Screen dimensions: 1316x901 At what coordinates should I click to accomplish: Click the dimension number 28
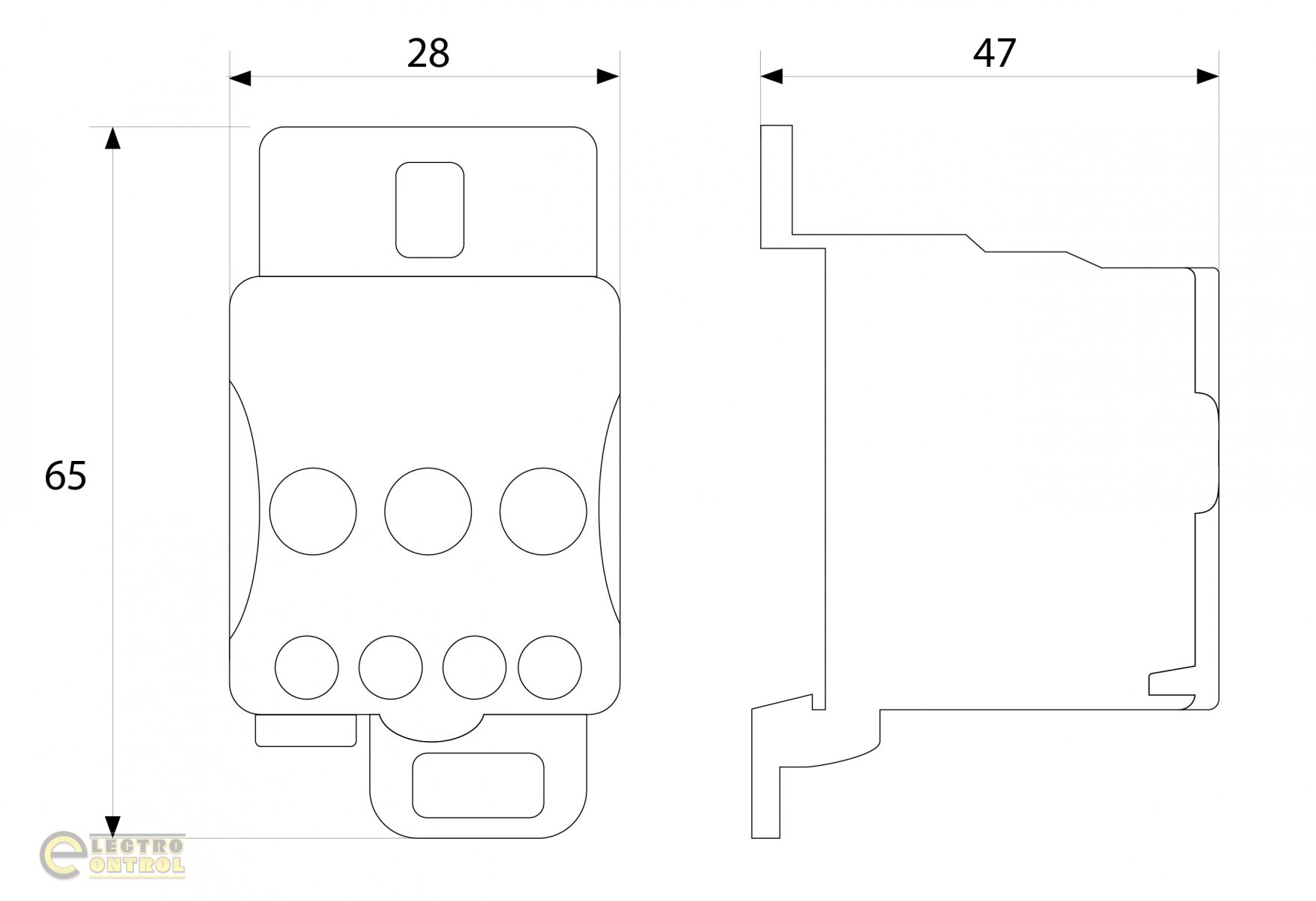pyautogui.click(x=428, y=53)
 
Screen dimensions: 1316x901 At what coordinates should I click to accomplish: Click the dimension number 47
pyautogui.click(x=994, y=53)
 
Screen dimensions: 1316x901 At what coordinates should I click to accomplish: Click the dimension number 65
pyautogui.click(x=65, y=475)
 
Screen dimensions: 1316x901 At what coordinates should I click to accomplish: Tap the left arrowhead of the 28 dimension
pyautogui.click(x=240, y=77)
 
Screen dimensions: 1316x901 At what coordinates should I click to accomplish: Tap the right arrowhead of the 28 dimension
pyautogui.click(x=608, y=77)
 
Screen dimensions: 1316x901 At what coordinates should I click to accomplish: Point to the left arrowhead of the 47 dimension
pyautogui.click(x=771, y=77)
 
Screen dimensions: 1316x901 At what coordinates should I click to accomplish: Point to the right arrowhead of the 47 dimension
pyautogui.click(x=1208, y=77)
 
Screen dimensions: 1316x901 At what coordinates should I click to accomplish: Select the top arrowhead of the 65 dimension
pyautogui.click(x=113, y=138)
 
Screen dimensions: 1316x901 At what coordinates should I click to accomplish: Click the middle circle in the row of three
pyautogui.click(x=428, y=511)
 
